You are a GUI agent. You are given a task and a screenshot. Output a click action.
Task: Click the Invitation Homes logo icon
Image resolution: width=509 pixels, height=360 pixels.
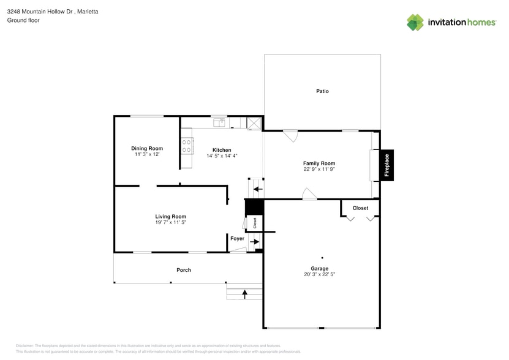(x=415, y=23)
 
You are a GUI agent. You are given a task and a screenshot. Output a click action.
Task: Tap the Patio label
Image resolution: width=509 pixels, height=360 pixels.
(x=322, y=91)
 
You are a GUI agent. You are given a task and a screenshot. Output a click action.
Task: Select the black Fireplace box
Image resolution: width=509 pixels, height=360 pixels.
(x=386, y=165)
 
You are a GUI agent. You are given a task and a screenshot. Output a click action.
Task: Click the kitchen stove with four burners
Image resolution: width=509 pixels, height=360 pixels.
(x=187, y=146)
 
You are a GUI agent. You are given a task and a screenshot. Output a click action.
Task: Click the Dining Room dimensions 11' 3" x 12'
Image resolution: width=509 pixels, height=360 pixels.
(x=147, y=155)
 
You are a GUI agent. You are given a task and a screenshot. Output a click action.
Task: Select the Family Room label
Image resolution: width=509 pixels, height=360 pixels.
(x=319, y=163)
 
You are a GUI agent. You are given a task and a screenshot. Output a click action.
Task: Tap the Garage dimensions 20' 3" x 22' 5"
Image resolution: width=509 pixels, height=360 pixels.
(x=319, y=275)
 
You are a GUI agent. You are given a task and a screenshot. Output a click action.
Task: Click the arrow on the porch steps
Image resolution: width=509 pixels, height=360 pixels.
(x=245, y=294)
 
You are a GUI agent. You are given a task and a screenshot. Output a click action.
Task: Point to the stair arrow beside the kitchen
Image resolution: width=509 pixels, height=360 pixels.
(x=258, y=189)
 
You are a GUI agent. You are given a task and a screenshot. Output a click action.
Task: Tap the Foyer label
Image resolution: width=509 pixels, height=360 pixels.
(x=237, y=238)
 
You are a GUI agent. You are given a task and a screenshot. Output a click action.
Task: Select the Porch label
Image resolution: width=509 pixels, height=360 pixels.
(x=184, y=270)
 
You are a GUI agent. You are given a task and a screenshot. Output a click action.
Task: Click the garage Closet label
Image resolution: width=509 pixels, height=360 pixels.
(x=360, y=208)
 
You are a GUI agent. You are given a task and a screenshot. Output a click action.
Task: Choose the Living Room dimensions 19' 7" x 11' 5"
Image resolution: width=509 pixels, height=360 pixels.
(x=170, y=223)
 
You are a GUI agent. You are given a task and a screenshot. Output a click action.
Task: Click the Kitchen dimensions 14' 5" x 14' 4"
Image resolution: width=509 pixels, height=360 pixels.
(x=222, y=156)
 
